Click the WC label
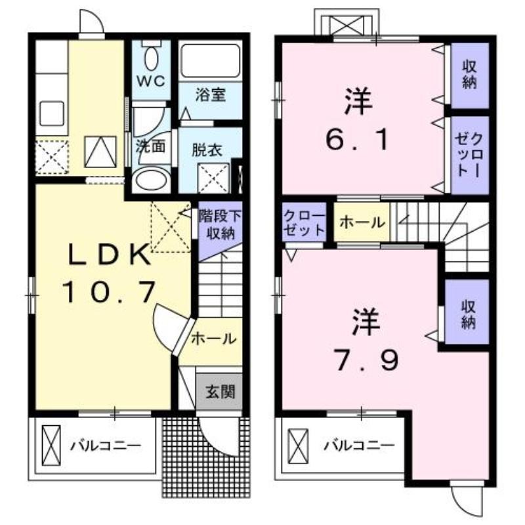point(152,81)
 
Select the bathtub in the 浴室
point(210,60)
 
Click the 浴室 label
point(211,94)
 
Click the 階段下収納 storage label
point(220,224)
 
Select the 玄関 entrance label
point(220,391)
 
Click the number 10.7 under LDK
point(108,292)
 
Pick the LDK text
point(108,254)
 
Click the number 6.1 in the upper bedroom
point(357,139)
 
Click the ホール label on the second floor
point(362,222)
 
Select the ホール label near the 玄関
point(214,339)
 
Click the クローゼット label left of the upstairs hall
point(304,222)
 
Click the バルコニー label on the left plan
point(106,446)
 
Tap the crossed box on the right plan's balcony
point(298,446)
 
